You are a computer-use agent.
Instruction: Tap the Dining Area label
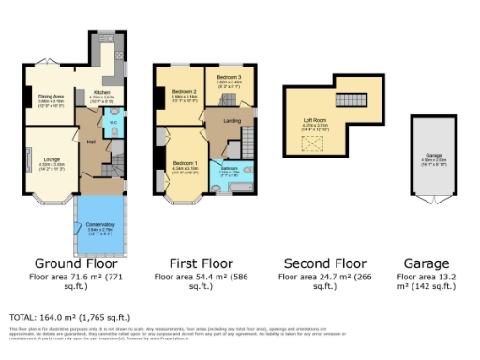pyautogui.click(x=51, y=96)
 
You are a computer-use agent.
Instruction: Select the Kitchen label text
pyautogui.click(x=100, y=92)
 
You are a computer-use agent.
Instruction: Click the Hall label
pyautogui.click(x=92, y=142)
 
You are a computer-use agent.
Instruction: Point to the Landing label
pyautogui.click(x=232, y=120)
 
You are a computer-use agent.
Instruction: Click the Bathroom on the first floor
pyautogui.click(x=230, y=169)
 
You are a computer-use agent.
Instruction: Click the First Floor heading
pyautogui.click(x=192, y=262)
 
